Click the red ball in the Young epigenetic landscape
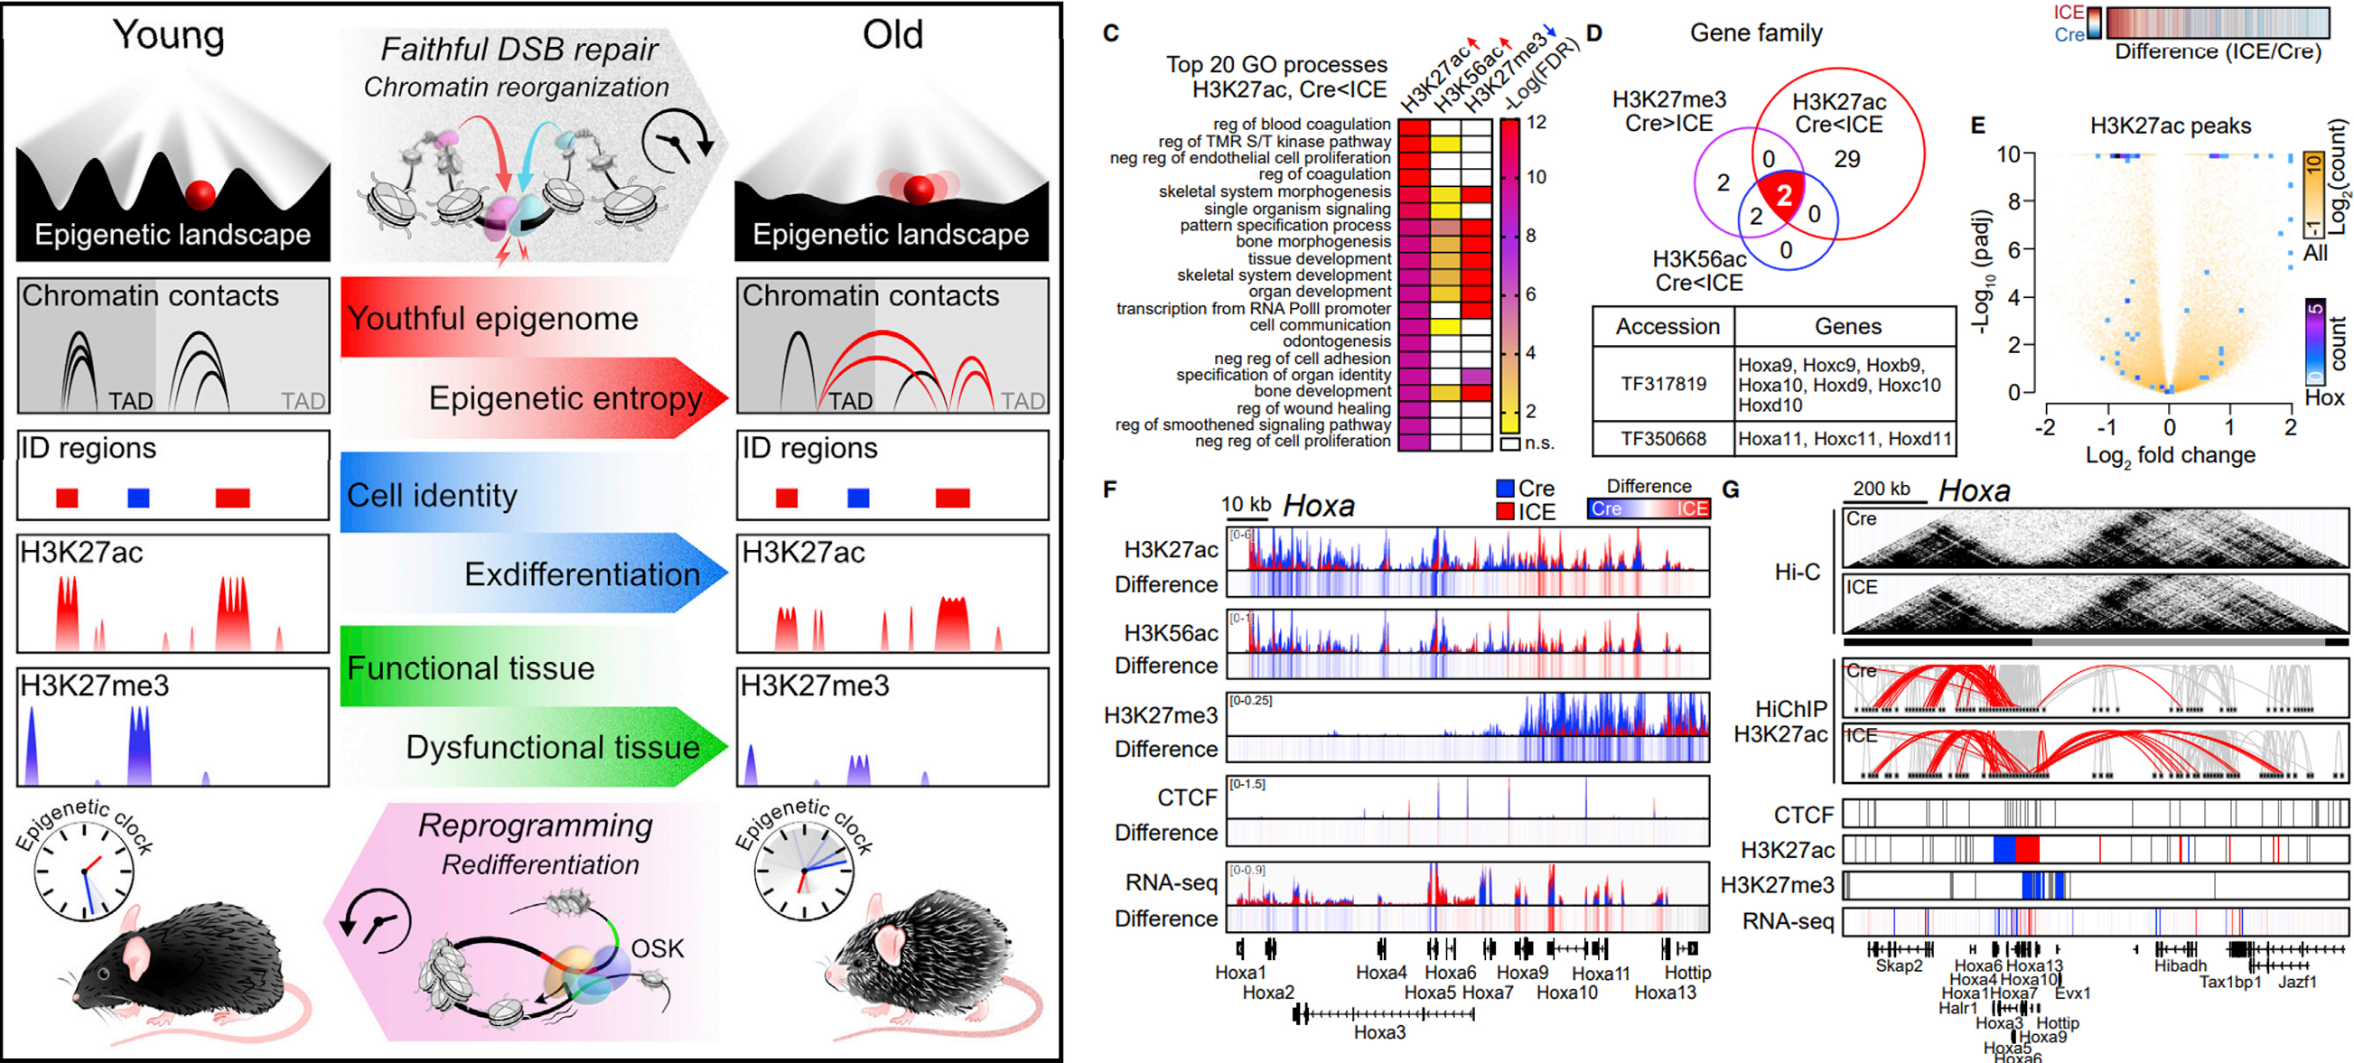[x=201, y=194]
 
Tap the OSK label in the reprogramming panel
[x=657, y=948]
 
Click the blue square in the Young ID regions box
[x=138, y=498]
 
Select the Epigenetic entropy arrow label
[x=565, y=398]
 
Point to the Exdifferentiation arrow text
[x=582, y=575]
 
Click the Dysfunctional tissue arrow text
[x=553, y=748]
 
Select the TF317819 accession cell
[x=1663, y=384]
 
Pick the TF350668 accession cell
[x=1663, y=439]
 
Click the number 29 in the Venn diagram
[x=1847, y=159]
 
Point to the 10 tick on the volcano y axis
[x=2008, y=154]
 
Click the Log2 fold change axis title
[x=2170, y=456]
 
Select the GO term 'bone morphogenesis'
[x=1313, y=242]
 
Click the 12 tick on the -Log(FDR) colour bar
[x=1537, y=123]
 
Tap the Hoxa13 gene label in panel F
[x=1665, y=993]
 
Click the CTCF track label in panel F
[x=1187, y=798]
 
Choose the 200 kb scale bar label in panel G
[x=1881, y=489]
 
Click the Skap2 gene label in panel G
[x=1899, y=966]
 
